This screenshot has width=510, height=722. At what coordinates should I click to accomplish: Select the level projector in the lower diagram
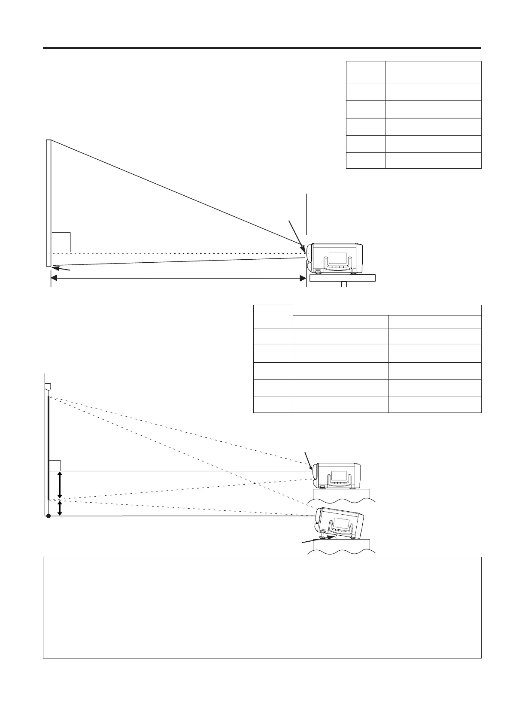[x=337, y=476]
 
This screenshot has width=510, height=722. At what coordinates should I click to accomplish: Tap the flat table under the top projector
[x=343, y=278]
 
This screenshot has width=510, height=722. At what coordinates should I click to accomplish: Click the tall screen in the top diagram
[x=49, y=203]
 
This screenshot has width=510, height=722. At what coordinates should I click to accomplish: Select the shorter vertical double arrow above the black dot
[x=60, y=508]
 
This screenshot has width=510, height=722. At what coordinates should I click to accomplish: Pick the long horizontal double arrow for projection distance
[x=178, y=279]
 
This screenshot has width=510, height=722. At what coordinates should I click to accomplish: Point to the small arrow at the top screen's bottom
[x=61, y=269]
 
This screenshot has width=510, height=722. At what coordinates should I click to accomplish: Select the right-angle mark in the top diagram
[x=61, y=242]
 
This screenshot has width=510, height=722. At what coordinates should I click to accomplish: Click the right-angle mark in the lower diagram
[x=55, y=465]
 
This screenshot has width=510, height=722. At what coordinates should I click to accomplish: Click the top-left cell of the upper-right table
[x=365, y=72]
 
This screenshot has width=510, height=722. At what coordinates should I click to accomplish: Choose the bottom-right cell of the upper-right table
[x=433, y=160]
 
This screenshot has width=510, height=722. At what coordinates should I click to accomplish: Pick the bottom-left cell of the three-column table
[x=273, y=404]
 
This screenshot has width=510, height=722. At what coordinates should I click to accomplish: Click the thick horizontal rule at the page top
[x=262, y=48]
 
